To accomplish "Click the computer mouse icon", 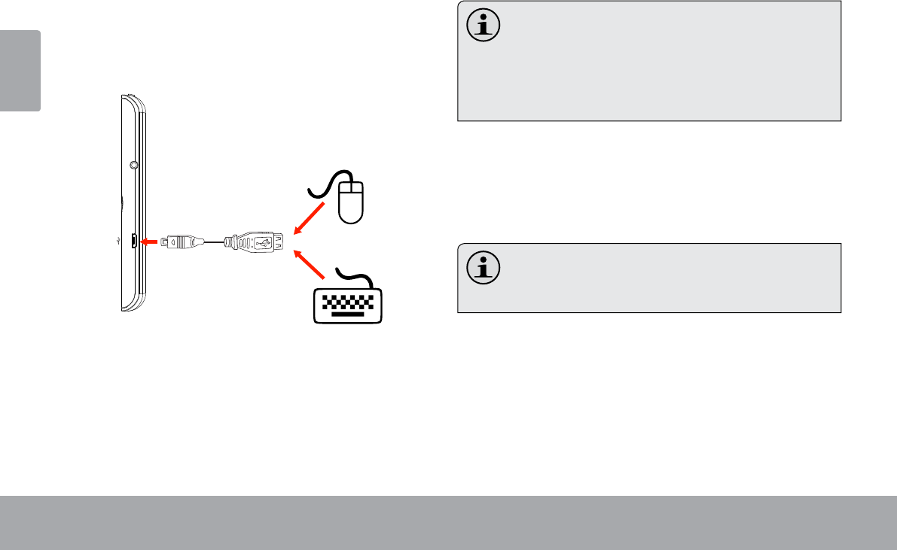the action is click(352, 202).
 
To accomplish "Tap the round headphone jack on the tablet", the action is click(133, 164).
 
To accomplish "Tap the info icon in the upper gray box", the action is click(484, 26).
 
